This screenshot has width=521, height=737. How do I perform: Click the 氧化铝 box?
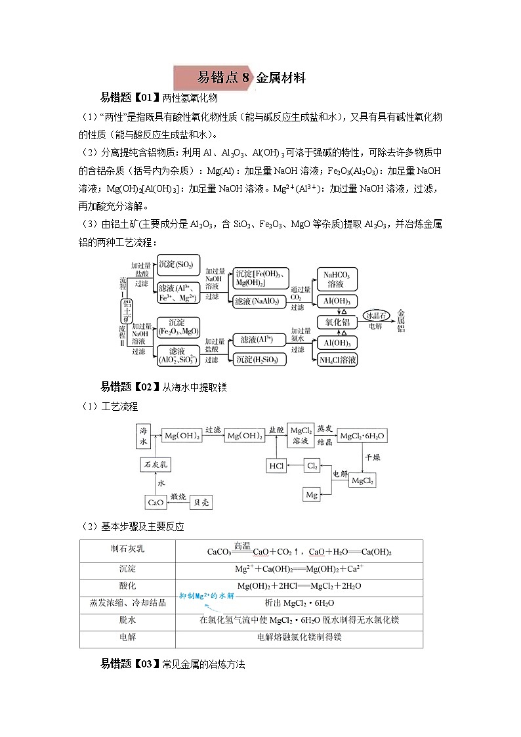[337, 322]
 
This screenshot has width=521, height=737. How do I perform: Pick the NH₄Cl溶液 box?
[337, 360]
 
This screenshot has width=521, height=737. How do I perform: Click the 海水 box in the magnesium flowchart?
[144, 436]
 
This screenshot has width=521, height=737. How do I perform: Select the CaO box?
[156, 503]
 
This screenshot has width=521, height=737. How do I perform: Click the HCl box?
[276, 466]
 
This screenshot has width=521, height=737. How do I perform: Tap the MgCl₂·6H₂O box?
[362, 436]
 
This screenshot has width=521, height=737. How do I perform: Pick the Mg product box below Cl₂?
[312, 494]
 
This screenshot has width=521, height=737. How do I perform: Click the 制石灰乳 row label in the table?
[127, 549]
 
